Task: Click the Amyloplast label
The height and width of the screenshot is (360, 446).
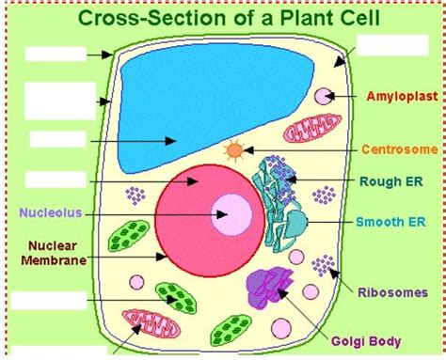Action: [402, 96]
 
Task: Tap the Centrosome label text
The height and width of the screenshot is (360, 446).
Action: [400, 149]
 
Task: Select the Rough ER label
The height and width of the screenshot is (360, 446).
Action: [391, 181]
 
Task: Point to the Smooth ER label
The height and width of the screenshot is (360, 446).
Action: [390, 222]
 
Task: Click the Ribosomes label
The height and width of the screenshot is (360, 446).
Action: [393, 292]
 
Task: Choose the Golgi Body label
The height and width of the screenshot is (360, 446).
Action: [366, 341]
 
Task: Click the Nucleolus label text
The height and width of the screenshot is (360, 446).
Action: [51, 212]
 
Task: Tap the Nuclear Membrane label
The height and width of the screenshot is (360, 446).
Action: [54, 253]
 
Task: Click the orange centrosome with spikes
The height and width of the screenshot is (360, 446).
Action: [235, 150]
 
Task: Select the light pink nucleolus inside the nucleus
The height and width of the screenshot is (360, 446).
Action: [231, 214]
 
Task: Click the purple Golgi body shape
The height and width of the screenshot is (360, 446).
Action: [269, 287]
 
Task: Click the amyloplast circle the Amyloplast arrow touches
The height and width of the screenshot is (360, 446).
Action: [324, 96]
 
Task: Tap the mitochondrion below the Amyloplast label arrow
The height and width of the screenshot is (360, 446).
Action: [312, 128]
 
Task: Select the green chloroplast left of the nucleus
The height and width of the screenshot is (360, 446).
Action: [129, 236]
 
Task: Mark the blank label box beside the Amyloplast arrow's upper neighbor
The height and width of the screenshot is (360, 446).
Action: [392, 45]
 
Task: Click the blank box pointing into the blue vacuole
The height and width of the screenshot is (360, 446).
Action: [58, 139]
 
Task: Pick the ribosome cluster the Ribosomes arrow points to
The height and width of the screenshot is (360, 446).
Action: [323, 265]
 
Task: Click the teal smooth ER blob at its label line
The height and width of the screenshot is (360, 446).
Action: [295, 223]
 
